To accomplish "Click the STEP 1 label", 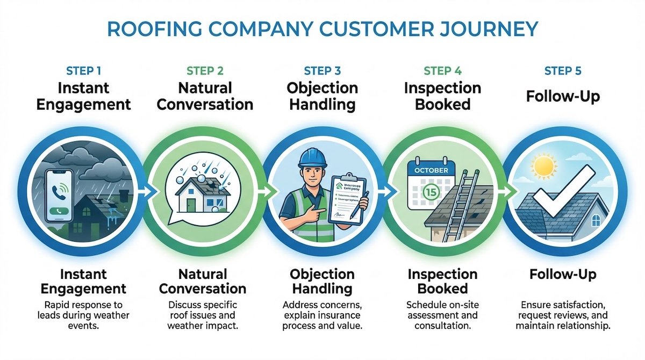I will [83, 71].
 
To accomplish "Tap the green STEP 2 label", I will [204, 71].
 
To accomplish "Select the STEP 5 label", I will [562, 71].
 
